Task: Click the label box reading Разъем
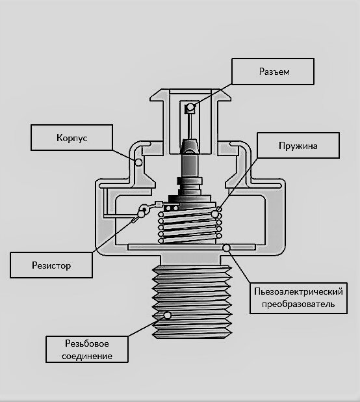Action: (273, 72)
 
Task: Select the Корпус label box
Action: (71, 138)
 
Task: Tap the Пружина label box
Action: (298, 145)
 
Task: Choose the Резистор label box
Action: (51, 265)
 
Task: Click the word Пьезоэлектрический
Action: (298, 291)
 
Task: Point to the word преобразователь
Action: (298, 304)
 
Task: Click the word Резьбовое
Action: (87, 343)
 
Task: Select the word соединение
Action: (87, 356)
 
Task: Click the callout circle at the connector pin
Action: (190, 107)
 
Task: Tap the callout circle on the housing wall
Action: (138, 162)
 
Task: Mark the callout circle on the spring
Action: (214, 213)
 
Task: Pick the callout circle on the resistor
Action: (142, 213)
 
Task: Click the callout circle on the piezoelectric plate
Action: (226, 248)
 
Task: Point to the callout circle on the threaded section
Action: (168, 315)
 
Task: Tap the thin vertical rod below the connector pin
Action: (190, 126)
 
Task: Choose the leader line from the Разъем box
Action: (212, 94)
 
